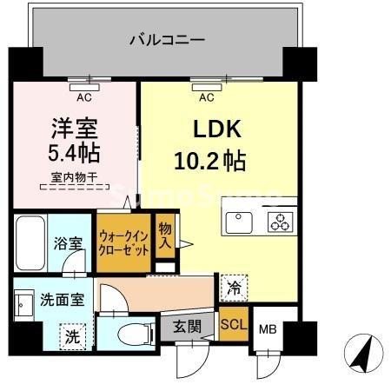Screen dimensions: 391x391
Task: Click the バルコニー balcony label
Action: (x=166, y=40)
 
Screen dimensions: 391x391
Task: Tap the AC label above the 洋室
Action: (x=86, y=96)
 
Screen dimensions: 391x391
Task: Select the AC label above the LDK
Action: (x=206, y=96)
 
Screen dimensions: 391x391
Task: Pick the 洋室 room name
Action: (x=73, y=128)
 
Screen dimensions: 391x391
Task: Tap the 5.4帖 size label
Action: (x=73, y=155)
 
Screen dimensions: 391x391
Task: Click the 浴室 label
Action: (x=70, y=244)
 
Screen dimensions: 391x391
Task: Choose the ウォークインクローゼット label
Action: (x=123, y=242)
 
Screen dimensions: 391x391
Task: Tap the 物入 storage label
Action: (x=165, y=235)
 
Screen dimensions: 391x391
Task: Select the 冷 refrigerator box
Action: (x=233, y=283)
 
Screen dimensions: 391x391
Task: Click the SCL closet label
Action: (x=233, y=325)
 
